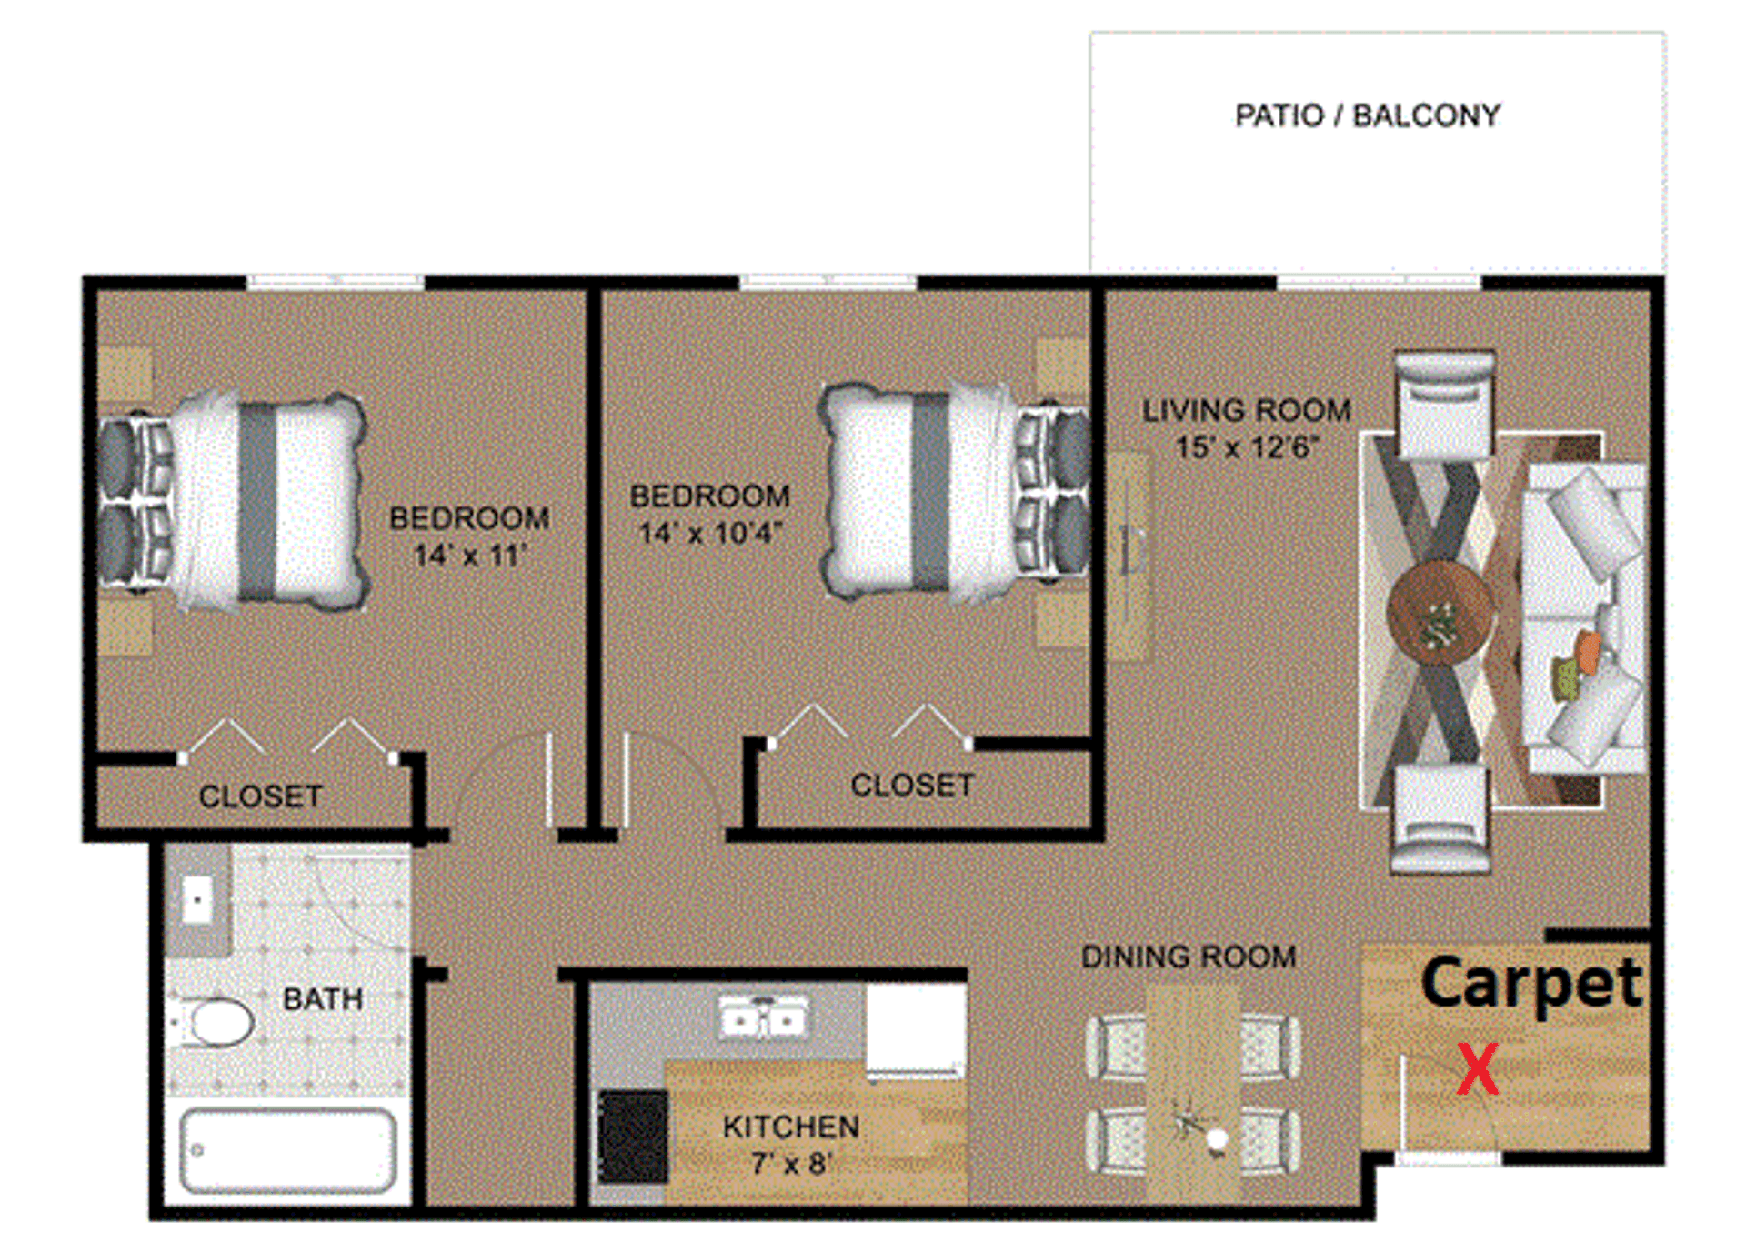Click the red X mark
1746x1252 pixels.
point(1477,1069)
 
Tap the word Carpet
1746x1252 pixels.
point(1531,984)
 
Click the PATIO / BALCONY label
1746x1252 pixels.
point(1367,115)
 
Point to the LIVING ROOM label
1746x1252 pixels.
point(1246,410)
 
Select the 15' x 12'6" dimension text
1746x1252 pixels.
point(1246,447)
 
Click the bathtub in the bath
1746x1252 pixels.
point(287,1149)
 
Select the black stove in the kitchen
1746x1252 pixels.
point(633,1137)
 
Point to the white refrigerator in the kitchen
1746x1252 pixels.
point(915,1029)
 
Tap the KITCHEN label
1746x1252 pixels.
point(790,1127)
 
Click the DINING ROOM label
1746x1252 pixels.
point(1188,957)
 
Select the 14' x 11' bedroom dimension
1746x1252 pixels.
point(469,555)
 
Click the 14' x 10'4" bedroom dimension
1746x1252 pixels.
point(709,533)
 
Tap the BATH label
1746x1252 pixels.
point(323,999)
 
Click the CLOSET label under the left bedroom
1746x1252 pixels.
point(260,796)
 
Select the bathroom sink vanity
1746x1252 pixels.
point(197,901)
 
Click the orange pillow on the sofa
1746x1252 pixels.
point(1589,651)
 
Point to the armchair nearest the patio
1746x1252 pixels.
point(1444,405)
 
